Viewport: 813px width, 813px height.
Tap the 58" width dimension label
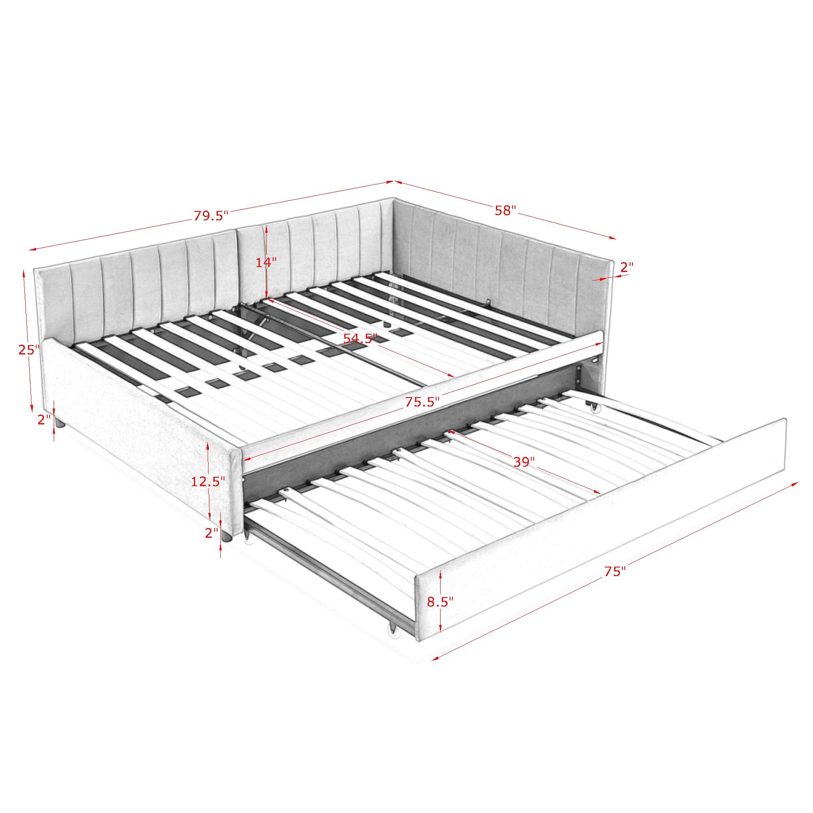[x=505, y=211]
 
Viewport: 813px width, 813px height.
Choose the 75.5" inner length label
[x=422, y=402]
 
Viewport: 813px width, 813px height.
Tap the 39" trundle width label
[x=524, y=462]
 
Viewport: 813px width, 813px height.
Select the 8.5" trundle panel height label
[x=440, y=601]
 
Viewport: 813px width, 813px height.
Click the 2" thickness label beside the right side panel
[x=626, y=266]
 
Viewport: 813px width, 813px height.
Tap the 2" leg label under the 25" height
[x=44, y=420]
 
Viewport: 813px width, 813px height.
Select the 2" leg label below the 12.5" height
[x=212, y=533]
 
